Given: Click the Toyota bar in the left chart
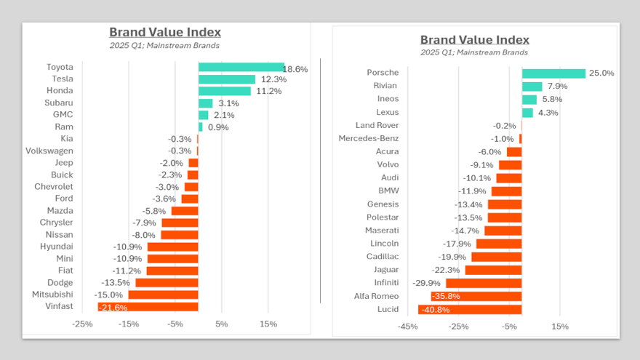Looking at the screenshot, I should [x=241, y=68].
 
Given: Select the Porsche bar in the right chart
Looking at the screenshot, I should [x=553, y=73].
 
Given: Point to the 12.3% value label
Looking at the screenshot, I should [x=274, y=79].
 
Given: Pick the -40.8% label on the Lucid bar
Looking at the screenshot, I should [x=436, y=310].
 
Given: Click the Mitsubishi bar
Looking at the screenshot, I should [x=163, y=295].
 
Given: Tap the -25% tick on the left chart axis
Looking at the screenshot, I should [x=83, y=324].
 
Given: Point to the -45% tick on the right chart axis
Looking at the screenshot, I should [x=407, y=327].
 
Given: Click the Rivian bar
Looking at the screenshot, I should [x=532, y=87].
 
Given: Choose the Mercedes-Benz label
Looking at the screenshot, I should [x=369, y=139].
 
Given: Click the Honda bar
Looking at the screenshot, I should [x=224, y=91].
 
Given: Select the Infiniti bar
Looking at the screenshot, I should [x=484, y=283].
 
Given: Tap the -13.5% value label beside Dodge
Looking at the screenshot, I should [x=116, y=283].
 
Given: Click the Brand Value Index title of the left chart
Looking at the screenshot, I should [x=165, y=32].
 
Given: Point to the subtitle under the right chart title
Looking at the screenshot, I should [x=474, y=52].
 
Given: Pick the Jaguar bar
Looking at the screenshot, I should [x=493, y=270].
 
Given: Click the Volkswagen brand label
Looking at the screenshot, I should [x=49, y=151].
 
